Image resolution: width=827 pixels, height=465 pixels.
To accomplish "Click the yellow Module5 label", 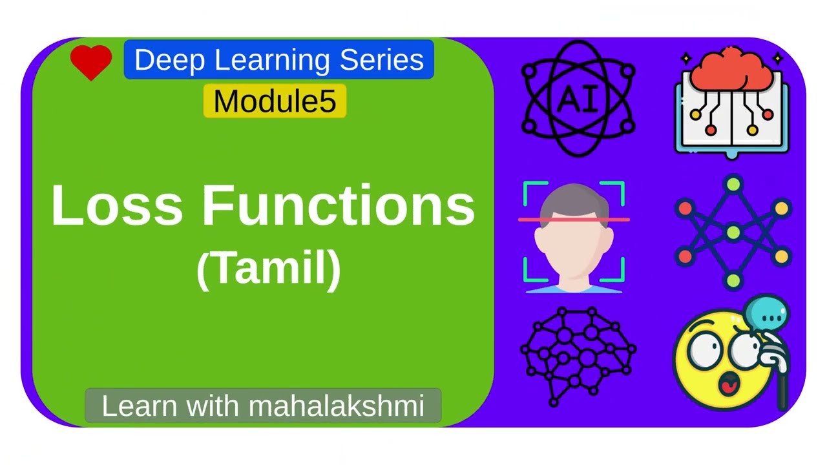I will pyautogui.click(x=275, y=101).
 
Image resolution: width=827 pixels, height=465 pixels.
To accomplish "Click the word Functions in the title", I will pyautogui.click(x=339, y=206).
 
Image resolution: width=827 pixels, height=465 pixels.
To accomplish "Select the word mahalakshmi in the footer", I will pyautogui.click(x=336, y=406).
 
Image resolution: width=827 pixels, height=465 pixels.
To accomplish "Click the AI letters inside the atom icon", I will pyautogui.click(x=578, y=99).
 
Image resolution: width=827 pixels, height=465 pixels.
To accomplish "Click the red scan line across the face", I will pyautogui.click(x=574, y=220).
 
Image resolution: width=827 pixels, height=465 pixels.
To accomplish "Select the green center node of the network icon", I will pyautogui.click(x=733, y=231).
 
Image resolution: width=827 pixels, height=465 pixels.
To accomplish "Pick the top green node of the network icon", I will pyautogui.click(x=733, y=185).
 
